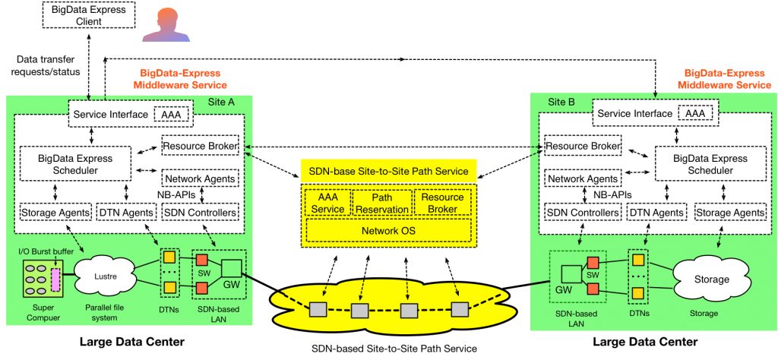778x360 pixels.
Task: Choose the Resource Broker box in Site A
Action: coord(201,144)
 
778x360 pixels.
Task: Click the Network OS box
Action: coord(388,230)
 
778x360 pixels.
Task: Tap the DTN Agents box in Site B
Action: coord(656,213)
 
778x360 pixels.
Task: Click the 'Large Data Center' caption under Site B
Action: coord(645,342)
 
